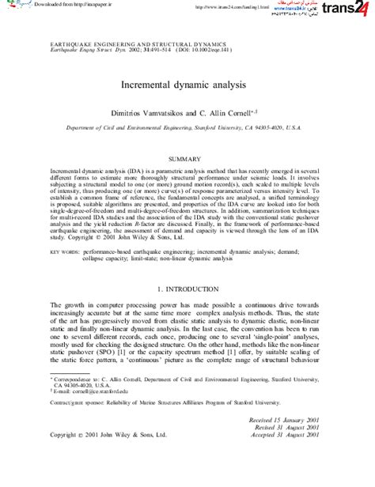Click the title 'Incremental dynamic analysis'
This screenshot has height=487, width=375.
pos(187,82)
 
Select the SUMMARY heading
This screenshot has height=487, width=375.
pos(187,159)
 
